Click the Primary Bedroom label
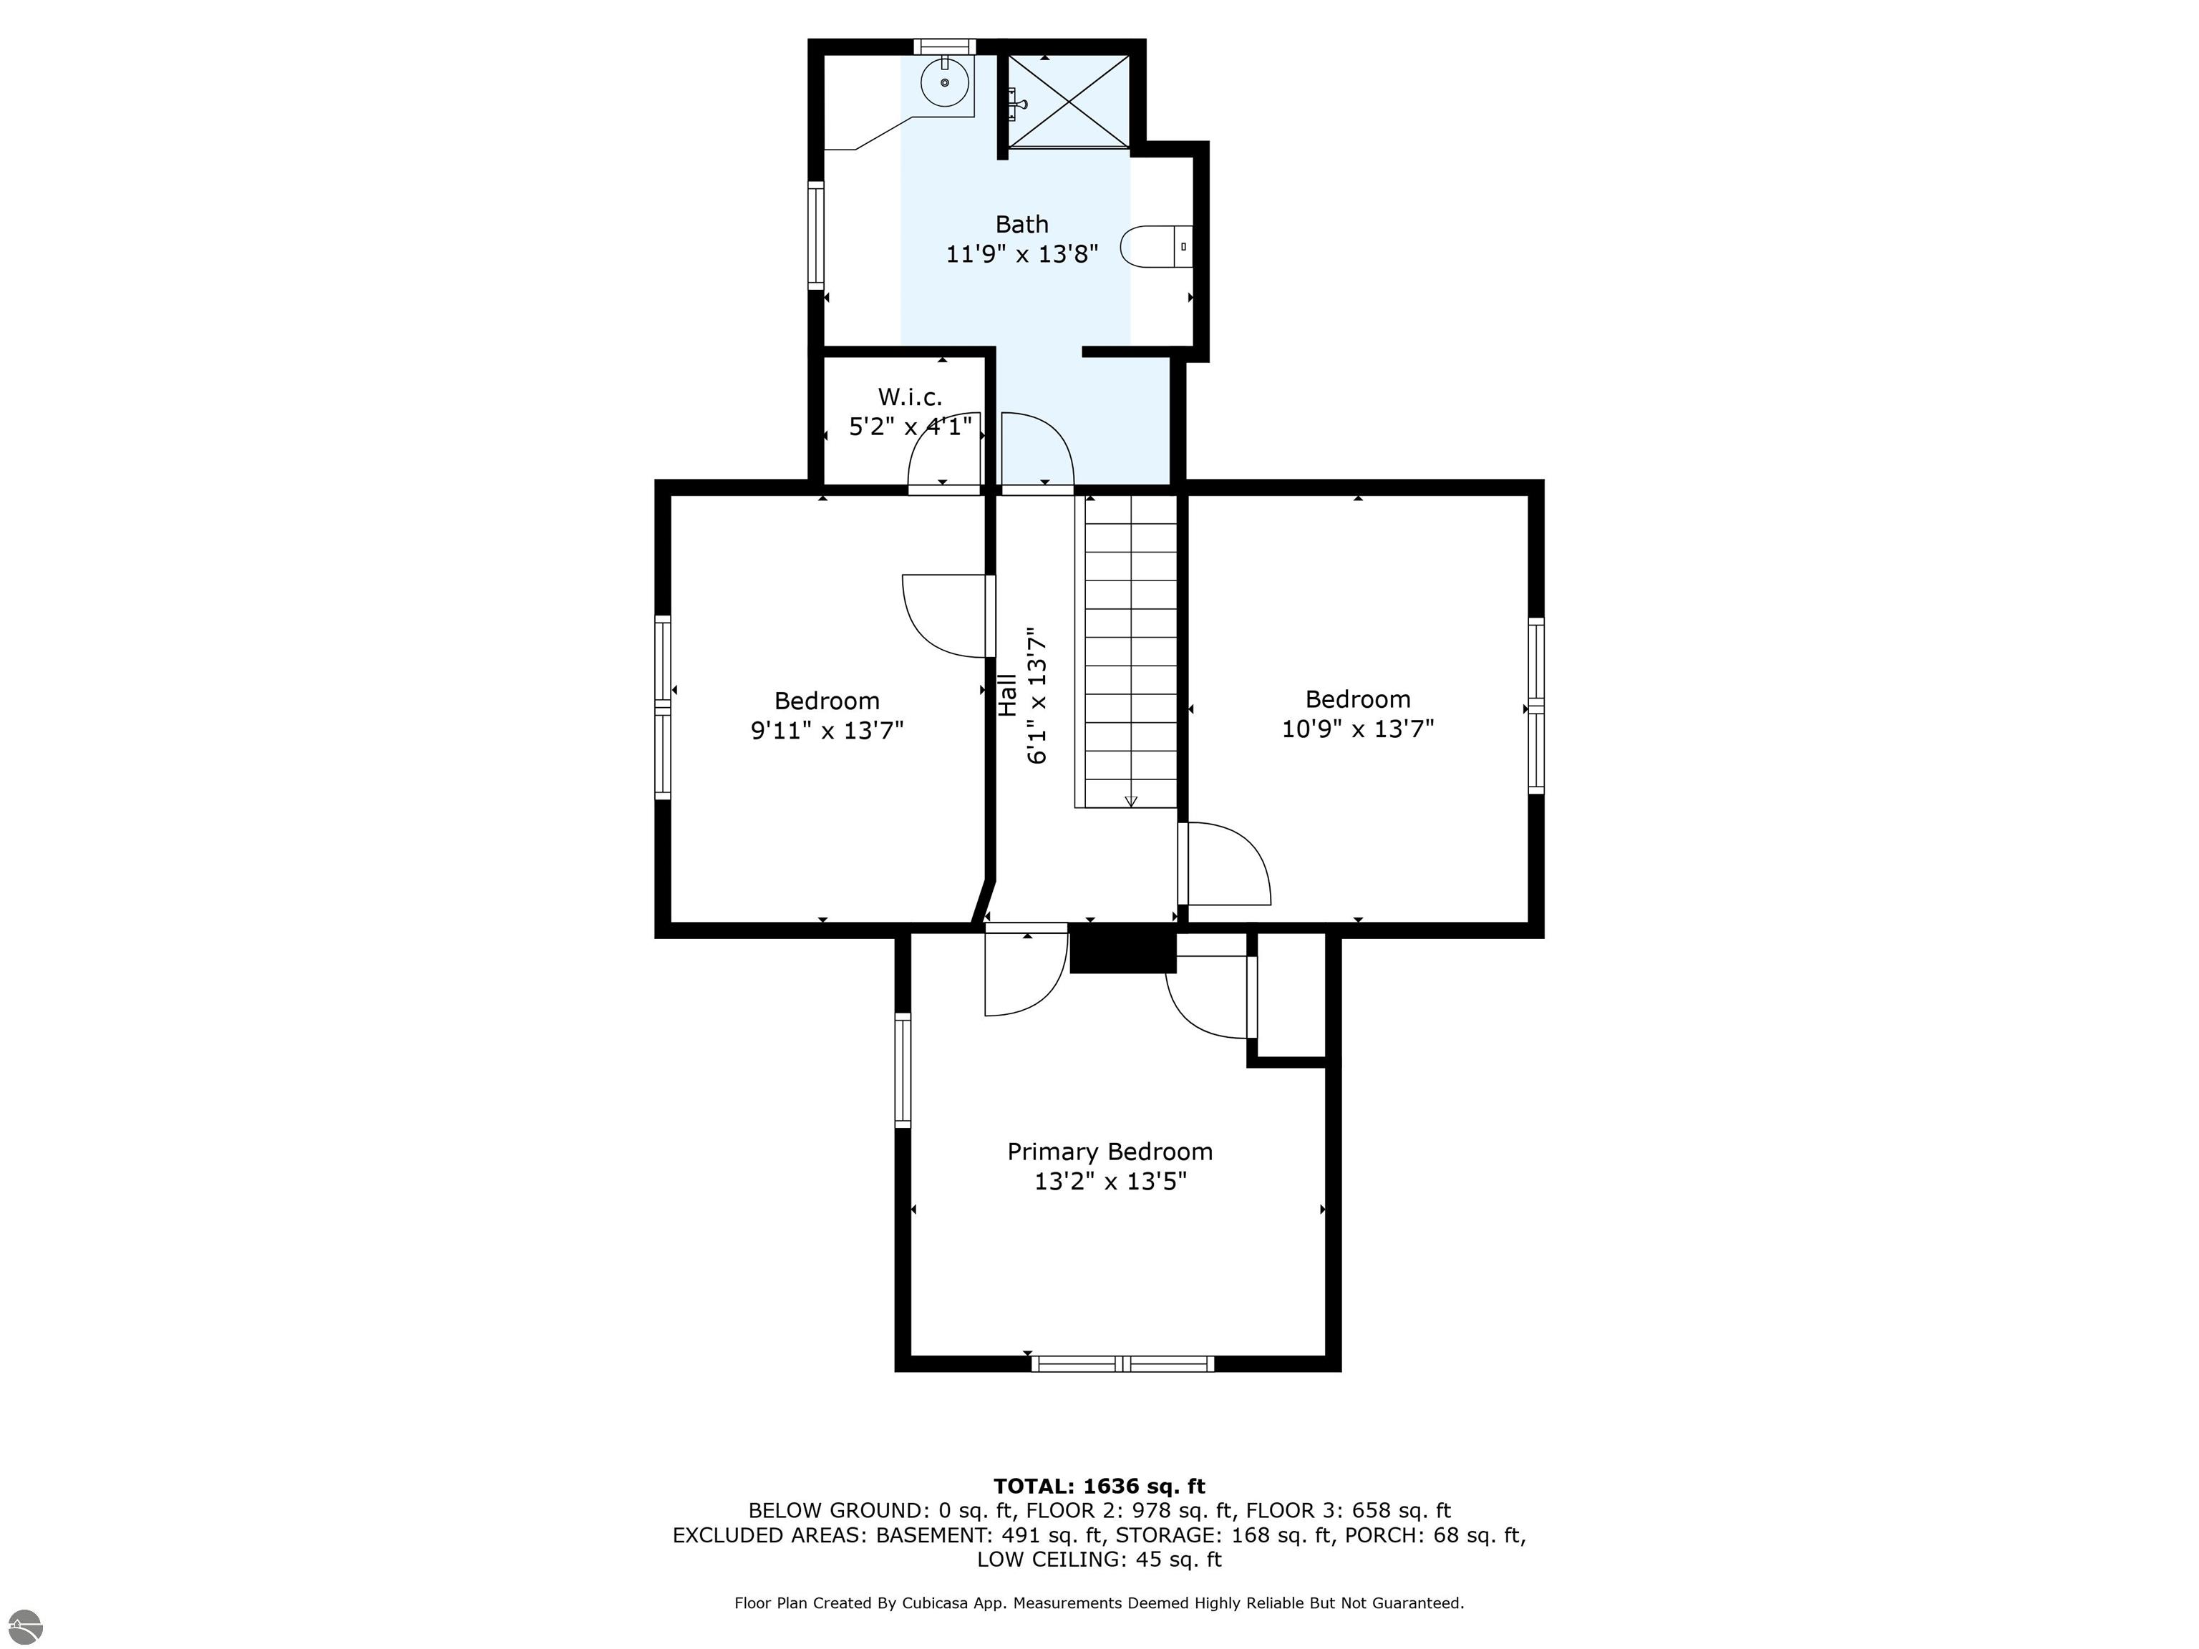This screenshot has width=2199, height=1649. [x=1110, y=1152]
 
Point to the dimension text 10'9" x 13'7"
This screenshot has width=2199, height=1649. [x=1358, y=729]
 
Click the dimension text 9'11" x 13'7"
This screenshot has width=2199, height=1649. [x=827, y=731]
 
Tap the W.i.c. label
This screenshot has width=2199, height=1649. [x=910, y=398]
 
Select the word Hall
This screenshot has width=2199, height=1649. [x=1008, y=695]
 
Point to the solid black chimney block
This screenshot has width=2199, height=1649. [x=1122, y=949]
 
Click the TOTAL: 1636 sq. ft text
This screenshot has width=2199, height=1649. [x=1099, y=1486]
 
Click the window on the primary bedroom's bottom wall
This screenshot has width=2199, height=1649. [x=1122, y=1363]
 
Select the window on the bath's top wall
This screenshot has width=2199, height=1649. [x=944, y=47]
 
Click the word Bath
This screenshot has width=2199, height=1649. [x=1022, y=225]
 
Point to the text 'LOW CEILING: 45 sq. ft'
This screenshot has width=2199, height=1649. [x=1099, y=1560]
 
